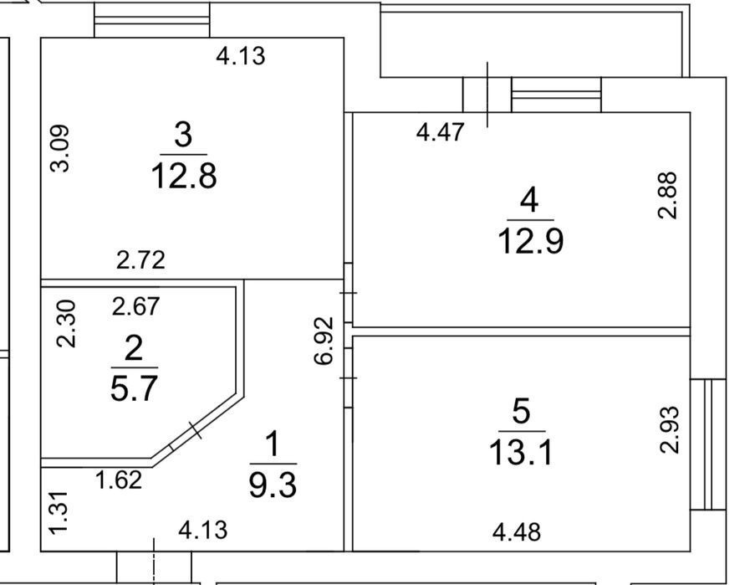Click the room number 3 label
coord(184,135)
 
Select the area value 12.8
coord(184,176)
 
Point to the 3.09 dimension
coord(61,148)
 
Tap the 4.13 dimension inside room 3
coord(241,56)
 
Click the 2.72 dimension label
coord(140,260)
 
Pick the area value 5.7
coord(134,388)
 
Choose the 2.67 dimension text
coord(135,306)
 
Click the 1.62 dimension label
coord(119,480)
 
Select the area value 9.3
coord(273,485)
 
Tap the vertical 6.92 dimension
coord(324,341)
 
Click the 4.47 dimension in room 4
coord(440,132)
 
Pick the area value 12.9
coord(530,241)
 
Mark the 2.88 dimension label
coord(668,195)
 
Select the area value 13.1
coord(521,453)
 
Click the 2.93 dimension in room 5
coord(669,429)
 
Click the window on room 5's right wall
coord(708,444)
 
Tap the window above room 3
coord(152,20)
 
